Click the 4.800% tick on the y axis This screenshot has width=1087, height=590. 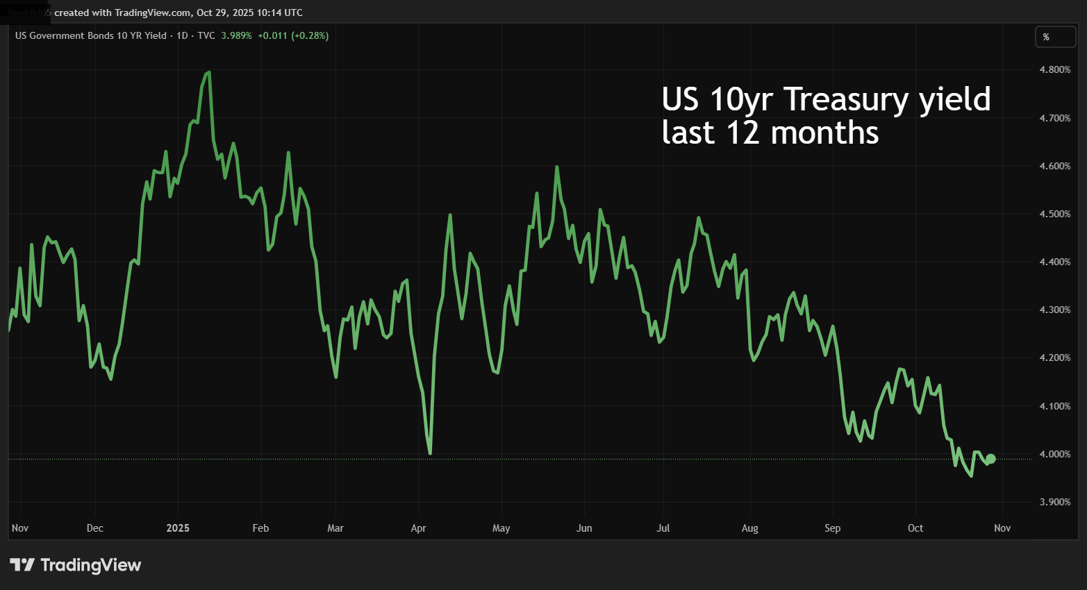coord(1054,69)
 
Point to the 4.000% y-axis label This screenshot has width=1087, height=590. coord(1054,454)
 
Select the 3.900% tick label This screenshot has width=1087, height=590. coord(1054,502)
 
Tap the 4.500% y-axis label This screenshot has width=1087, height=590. coord(1054,214)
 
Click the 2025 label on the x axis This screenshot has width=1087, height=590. coord(178,528)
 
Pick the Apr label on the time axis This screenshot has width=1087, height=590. coord(418,528)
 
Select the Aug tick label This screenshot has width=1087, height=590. coord(749,528)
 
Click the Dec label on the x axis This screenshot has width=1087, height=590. coord(94,528)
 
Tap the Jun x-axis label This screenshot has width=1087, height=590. coord(584,528)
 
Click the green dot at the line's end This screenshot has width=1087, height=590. coord(990,459)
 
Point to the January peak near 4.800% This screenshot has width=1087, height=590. coord(208,72)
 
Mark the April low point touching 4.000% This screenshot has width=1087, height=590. coord(431,453)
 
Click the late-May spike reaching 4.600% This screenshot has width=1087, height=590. coord(557,167)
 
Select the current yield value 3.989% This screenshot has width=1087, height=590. coord(236,35)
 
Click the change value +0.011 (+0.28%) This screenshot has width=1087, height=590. coord(293,35)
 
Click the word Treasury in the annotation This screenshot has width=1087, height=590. coord(846,99)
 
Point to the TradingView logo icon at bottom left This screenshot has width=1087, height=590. coord(22,565)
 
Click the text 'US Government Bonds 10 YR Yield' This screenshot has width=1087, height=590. coord(90,35)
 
